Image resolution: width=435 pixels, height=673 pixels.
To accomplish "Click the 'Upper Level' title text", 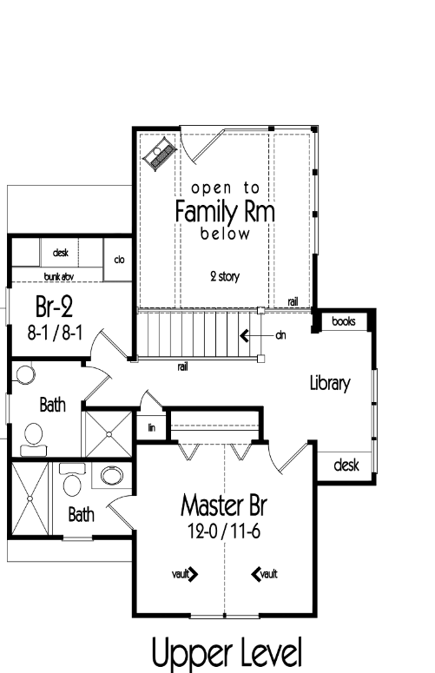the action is pyautogui.click(x=227, y=653).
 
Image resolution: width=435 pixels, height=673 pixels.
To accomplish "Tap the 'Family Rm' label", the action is pyautogui.click(x=225, y=212).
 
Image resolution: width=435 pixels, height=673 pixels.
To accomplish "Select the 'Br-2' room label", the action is pyautogui.click(x=54, y=307).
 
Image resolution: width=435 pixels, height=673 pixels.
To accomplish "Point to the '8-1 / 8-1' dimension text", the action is pyautogui.click(x=55, y=333).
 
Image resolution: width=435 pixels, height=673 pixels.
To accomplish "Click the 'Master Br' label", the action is pyautogui.click(x=223, y=505).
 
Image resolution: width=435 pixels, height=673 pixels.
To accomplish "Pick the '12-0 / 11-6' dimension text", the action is pyautogui.click(x=224, y=531).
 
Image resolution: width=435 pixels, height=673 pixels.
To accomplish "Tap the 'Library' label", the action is pyautogui.click(x=330, y=383).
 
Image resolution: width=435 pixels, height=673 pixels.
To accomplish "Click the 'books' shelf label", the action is pyautogui.click(x=344, y=321).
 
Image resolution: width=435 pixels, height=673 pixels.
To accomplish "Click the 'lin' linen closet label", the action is pyautogui.click(x=151, y=427).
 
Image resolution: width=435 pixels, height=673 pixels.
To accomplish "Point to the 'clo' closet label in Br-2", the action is pyautogui.click(x=119, y=260).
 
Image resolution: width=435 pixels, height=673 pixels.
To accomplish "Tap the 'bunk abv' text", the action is pyautogui.click(x=59, y=277).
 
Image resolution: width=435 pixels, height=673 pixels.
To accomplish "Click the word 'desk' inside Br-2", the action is pyautogui.click(x=61, y=253).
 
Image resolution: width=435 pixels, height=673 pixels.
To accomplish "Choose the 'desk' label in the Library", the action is pyautogui.click(x=346, y=465).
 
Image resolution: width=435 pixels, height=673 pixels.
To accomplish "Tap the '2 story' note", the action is pyautogui.click(x=225, y=276).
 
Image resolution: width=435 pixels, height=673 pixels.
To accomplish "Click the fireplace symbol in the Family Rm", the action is pyautogui.click(x=159, y=155).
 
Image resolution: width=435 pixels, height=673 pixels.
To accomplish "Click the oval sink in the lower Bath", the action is pyautogui.click(x=112, y=476).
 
